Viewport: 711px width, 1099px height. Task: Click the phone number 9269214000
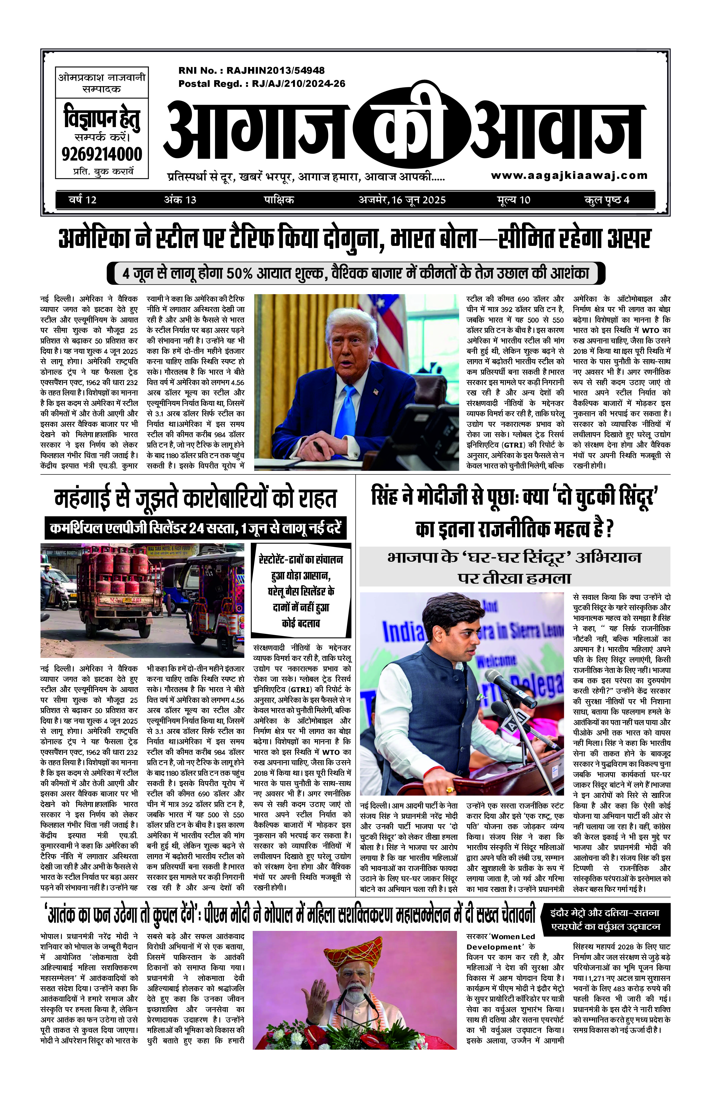click(101, 154)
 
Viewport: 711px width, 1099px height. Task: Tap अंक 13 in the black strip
click(180, 200)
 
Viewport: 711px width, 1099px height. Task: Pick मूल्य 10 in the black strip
click(513, 200)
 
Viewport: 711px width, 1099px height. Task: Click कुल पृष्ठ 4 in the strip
click(607, 200)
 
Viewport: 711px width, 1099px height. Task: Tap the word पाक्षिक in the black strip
click(279, 200)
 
